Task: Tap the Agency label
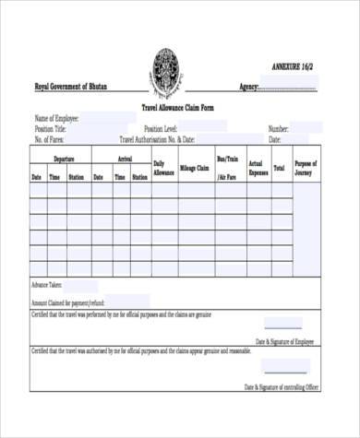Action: pos(248,87)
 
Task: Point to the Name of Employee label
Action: pos(56,119)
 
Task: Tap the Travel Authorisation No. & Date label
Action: pos(157,140)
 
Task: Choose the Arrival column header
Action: pos(122,159)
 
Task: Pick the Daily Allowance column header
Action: pos(163,169)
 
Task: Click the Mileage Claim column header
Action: pos(194,169)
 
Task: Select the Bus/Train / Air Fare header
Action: pos(227,167)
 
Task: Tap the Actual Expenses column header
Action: pos(258,168)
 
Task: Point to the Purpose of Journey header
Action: pos(306,168)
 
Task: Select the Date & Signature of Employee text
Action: pos(289,341)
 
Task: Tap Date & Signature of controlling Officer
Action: pos(282,387)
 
